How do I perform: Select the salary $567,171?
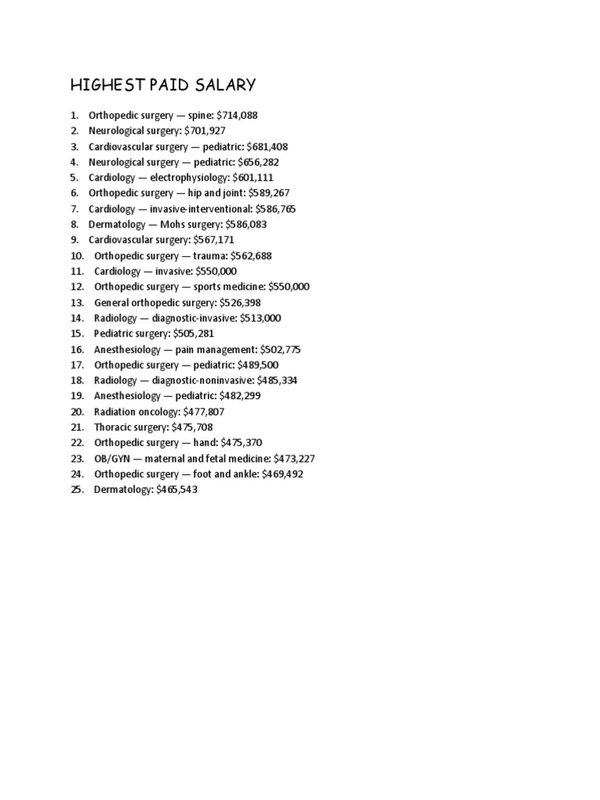click(213, 240)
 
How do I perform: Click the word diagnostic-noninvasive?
click(202, 380)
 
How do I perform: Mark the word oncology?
click(159, 412)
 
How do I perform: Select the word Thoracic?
click(114, 427)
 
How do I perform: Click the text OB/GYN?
click(112, 459)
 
